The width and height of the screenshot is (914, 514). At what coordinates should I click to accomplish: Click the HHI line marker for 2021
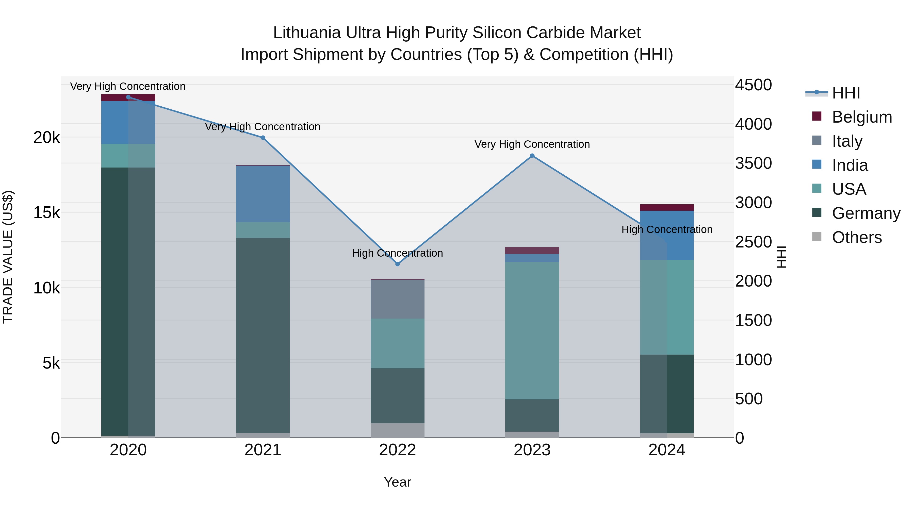pos(263,138)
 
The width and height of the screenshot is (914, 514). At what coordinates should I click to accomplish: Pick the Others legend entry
pos(857,237)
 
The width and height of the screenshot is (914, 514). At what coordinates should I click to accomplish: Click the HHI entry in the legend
pos(846,93)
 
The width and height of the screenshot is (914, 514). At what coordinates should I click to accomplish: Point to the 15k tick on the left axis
pos(46,213)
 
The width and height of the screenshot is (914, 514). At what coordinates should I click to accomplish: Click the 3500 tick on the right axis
pos(753,163)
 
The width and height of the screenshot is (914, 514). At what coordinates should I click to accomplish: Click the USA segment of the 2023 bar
pos(532,330)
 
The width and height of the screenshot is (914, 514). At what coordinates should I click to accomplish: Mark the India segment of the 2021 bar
pos(263,194)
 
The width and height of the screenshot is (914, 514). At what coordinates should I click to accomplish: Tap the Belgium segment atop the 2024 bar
pos(667,208)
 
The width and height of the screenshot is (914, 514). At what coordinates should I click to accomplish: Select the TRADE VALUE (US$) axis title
pos(8,257)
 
